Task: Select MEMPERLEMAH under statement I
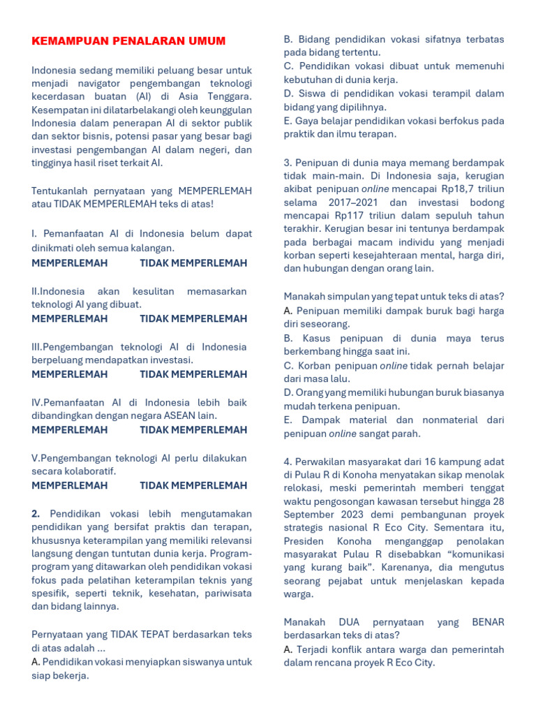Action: pyautogui.click(x=70, y=263)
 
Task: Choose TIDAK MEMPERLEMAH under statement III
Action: pyautogui.click(x=193, y=374)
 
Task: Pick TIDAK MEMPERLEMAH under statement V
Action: pyautogui.click(x=193, y=485)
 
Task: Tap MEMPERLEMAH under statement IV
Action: pyautogui.click(x=70, y=430)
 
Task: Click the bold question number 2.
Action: pyautogui.click(x=36, y=513)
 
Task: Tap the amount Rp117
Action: pyautogui.click(x=343, y=216)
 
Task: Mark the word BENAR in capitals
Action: pyautogui.click(x=488, y=621)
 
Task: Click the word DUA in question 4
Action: pyautogui.click(x=348, y=621)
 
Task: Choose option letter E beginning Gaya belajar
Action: pyautogui.click(x=288, y=121)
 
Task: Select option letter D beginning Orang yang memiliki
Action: pyautogui.click(x=288, y=392)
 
